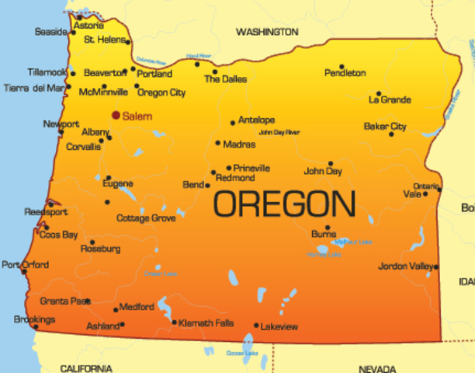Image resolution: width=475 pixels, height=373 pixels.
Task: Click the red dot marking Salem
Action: tap(116, 115)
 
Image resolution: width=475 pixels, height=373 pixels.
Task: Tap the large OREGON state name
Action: tap(284, 204)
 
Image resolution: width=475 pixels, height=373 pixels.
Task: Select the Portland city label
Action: tap(155, 74)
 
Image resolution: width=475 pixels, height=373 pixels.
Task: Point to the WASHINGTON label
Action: tap(266, 32)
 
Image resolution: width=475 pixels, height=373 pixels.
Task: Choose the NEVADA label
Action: tap(378, 368)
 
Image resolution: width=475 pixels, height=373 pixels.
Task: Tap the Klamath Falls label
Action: tap(206, 322)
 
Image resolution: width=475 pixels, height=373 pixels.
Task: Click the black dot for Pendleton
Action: tap(342, 67)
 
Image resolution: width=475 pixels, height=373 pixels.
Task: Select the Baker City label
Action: tap(385, 126)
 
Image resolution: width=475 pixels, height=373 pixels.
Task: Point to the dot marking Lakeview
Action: tap(256, 326)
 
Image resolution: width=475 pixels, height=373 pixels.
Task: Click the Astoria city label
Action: tap(88, 26)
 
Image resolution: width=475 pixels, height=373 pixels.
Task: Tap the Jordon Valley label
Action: tap(404, 267)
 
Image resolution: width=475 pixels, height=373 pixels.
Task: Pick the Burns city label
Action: tap(323, 233)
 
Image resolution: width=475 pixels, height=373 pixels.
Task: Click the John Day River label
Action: tap(279, 133)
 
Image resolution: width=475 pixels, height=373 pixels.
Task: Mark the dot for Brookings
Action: tap(36, 326)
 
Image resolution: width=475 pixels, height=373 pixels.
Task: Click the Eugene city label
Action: tap(117, 183)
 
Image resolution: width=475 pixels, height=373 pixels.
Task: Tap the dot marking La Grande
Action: tap(379, 93)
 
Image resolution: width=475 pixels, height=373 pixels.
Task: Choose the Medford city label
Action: tap(137, 306)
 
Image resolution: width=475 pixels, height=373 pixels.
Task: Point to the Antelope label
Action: tap(256, 120)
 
